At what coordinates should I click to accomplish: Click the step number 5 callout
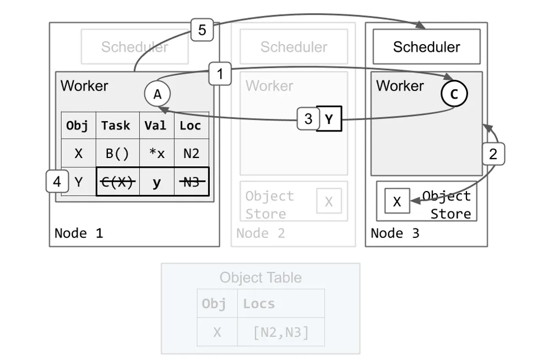click(202, 30)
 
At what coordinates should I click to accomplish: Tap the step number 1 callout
click(220, 74)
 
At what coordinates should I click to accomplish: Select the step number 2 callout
click(493, 154)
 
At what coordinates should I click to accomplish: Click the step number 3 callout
click(308, 118)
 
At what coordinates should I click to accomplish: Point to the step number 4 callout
click(57, 181)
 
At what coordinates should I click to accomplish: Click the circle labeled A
click(157, 94)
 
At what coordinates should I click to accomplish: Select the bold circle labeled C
click(454, 94)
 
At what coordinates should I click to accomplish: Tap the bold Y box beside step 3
click(329, 118)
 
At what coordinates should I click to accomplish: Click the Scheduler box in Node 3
click(426, 47)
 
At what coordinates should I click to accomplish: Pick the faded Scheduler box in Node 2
click(294, 47)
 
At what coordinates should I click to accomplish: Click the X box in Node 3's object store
click(397, 201)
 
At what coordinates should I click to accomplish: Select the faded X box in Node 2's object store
click(329, 201)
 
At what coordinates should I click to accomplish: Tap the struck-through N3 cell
click(191, 182)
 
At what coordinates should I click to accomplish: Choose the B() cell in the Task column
click(117, 154)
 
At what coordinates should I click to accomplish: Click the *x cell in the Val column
click(156, 154)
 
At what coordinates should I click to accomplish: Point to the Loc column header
click(191, 126)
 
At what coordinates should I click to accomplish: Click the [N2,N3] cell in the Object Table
click(281, 332)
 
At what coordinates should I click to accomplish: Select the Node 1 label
click(79, 233)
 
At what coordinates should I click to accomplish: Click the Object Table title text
click(260, 277)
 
